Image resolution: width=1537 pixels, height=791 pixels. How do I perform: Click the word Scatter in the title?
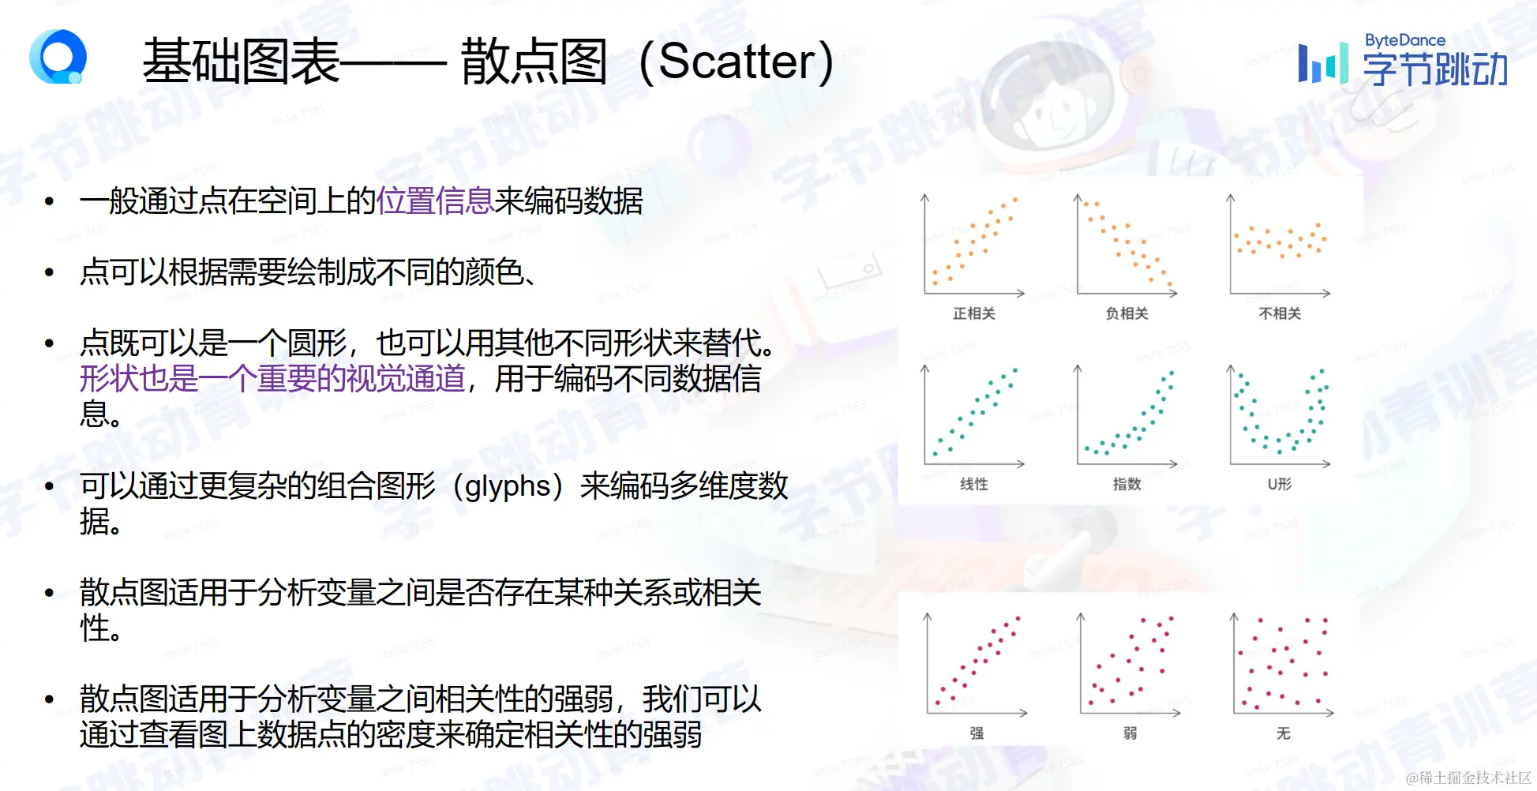coord(739,61)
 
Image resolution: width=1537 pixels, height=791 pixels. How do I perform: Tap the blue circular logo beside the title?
coord(58,56)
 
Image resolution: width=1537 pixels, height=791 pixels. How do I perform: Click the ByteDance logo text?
coord(1405,40)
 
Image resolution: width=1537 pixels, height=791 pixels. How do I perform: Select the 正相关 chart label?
coord(974,313)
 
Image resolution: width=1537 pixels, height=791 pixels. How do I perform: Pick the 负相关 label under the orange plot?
coord(1127,313)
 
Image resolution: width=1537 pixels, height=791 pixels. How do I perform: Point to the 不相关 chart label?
coord(1280,313)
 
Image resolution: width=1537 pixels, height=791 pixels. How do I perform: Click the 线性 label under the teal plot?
coord(974,484)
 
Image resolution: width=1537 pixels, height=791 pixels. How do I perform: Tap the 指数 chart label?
coord(1127,484)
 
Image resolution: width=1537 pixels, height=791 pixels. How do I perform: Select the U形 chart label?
coord(1280,484)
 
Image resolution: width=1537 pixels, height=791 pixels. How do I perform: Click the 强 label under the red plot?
coord(977,733)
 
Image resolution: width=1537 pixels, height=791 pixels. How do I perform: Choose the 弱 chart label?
coord(1130,733)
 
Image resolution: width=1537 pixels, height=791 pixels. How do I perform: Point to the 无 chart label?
coord(1284,733)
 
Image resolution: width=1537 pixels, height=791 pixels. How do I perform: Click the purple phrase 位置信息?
coord(435,201)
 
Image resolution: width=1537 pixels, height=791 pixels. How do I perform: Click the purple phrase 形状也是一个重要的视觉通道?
coord(272,379)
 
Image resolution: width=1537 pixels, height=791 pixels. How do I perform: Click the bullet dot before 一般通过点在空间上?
coord(50,202)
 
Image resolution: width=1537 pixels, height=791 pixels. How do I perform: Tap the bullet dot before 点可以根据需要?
coord(50,273)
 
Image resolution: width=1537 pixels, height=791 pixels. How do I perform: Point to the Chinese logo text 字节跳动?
coord(1435,69)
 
